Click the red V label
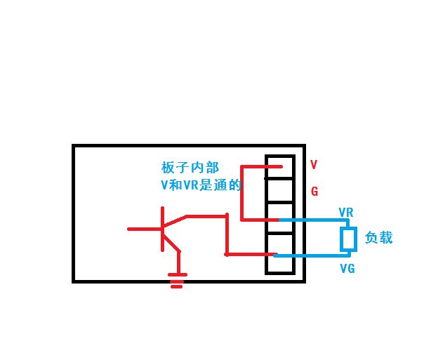pos(314,165)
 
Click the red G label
pos(314,191)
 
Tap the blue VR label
pos(346,212)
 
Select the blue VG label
pos(347,268)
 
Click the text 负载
pos(378,239)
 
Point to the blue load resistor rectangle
pos(348,239)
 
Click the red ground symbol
pos(178,282)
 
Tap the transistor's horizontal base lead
pos(144,229)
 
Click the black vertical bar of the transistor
pos(162,228)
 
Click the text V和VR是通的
pos(201,185)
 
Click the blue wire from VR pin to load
pos(316,220)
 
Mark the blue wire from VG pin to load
pos(316,255)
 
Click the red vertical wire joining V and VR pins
pos(241,193)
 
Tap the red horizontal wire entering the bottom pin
pos(249,254)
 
